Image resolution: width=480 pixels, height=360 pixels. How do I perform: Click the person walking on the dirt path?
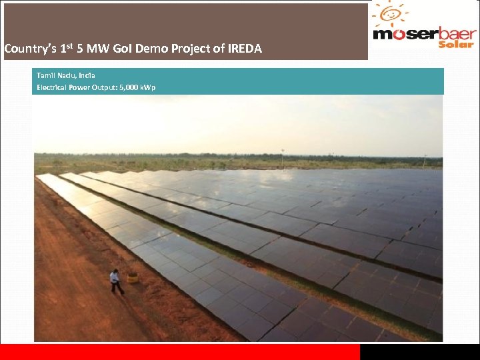tap(116, 281)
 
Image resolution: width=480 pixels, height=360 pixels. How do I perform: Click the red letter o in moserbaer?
tap(396, 34)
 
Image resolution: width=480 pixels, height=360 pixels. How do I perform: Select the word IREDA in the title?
tap(243, 49)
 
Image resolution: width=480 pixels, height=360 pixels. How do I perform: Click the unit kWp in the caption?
tap(149, 87)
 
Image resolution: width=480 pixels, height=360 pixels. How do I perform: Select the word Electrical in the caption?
tap(51, 87)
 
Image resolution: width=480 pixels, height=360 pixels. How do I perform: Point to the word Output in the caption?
tap(103, 87)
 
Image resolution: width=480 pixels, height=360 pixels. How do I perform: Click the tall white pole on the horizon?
tap(281, 158)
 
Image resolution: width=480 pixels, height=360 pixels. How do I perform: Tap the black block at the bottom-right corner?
tap(419, 352)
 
